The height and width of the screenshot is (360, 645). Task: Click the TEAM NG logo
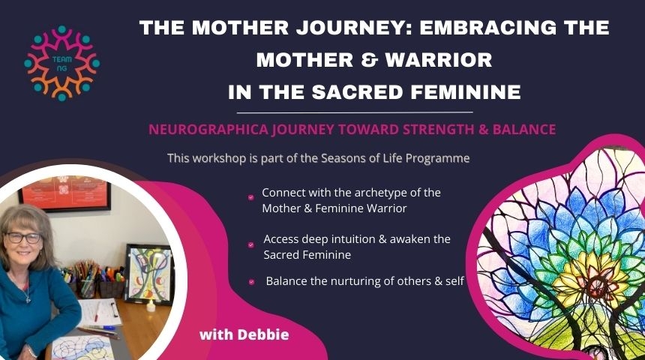pos(61,63)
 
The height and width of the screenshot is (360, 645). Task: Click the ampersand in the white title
pos(369,60)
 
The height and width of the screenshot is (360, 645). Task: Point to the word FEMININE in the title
pos(466,92)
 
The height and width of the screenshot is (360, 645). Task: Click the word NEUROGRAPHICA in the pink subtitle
pos(209,130)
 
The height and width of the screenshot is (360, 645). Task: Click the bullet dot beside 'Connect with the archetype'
pos(251,197)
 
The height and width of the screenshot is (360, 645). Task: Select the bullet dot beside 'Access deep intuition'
pos(251,245)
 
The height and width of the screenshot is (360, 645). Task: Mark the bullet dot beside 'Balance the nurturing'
pos(251,282)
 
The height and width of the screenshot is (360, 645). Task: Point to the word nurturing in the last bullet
pos(356,281)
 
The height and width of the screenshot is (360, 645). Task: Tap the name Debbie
pos(263,334)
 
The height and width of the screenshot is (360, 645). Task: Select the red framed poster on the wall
pos(65,192)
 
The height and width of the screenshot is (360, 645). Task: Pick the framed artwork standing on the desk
pos(149,274)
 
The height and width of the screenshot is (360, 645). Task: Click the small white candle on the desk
pos(151,306)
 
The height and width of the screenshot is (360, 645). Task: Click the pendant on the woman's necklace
pos(28,299)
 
